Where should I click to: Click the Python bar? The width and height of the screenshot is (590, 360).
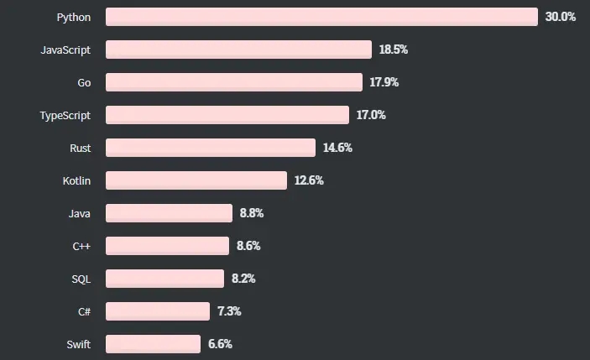(321, 17)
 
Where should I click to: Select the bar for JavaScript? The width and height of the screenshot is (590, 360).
(238, 50)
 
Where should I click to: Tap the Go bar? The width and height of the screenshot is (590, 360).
(234, 82)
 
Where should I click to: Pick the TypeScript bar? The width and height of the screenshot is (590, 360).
(227, 115)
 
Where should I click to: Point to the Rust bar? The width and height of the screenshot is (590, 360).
(211, 148)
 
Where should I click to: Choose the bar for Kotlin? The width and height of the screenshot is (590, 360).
(196, 180)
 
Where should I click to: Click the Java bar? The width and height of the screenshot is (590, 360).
(169, 213)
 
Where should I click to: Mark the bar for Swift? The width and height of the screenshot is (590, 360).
(153, 344)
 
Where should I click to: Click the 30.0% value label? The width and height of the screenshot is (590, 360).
(561, 17)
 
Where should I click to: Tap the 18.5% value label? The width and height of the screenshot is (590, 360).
(394, 50)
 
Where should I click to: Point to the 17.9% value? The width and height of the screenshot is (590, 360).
(384, 82)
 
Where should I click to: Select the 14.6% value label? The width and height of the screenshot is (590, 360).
(337, 148)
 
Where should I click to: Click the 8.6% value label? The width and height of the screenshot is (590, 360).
(248, 246)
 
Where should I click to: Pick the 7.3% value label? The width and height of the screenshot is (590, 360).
(229, 311)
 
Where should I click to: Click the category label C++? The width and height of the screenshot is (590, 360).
(81, 247)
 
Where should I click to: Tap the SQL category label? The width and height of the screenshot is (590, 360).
(81, 279)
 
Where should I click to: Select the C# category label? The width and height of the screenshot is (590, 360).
(84, 312)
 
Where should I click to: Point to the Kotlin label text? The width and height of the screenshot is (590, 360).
(76, 181)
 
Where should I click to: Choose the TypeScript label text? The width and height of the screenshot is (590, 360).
(65, 116)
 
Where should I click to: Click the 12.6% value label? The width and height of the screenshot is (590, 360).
(309, 180)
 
